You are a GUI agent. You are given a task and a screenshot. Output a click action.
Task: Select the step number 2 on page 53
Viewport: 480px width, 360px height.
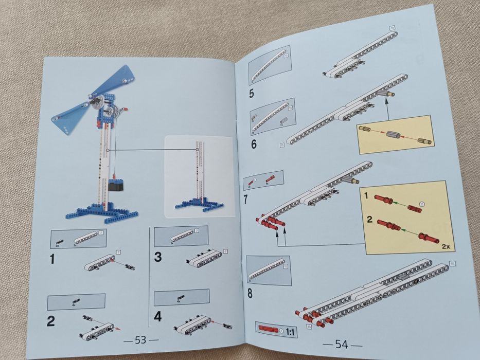pyautogui.click(x=51, y=322)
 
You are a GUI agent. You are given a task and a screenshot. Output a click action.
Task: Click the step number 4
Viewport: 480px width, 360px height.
pyautogui.click(x=157, y=316)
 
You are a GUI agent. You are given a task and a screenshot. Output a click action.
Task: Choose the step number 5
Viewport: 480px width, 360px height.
pyautogui.click(x=251, y=94)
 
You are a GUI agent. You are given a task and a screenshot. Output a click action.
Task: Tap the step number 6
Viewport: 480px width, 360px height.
pyautogui.click(x=254, y=144)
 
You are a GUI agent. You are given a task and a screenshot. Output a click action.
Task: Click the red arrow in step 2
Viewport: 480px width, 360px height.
pyautogui.click(x=119, y=327)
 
